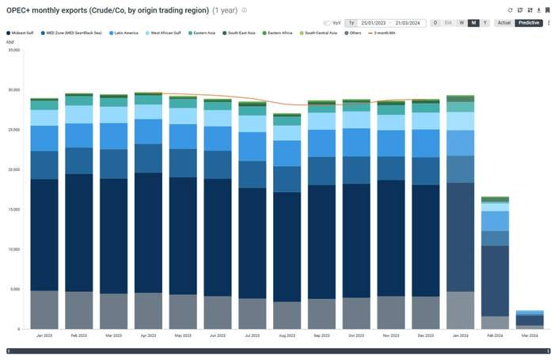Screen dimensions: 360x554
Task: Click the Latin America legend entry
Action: click(x=126, y=32)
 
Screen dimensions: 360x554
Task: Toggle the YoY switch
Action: click(x=328, y=23)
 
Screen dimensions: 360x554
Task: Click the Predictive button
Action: click(x=528, y=23)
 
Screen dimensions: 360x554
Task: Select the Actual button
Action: click(x=503, y=23)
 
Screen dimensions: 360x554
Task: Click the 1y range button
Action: click(x=351, y=23)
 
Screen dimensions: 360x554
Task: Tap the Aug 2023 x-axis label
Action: click(x=287, y=336)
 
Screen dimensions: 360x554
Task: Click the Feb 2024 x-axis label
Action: click(x=495, y=336)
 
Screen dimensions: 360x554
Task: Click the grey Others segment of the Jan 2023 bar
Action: click(x=45, y=309)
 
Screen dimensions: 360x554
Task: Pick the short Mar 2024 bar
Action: click(x=529, y=320)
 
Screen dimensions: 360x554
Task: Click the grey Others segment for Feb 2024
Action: click(x=495, y=323)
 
